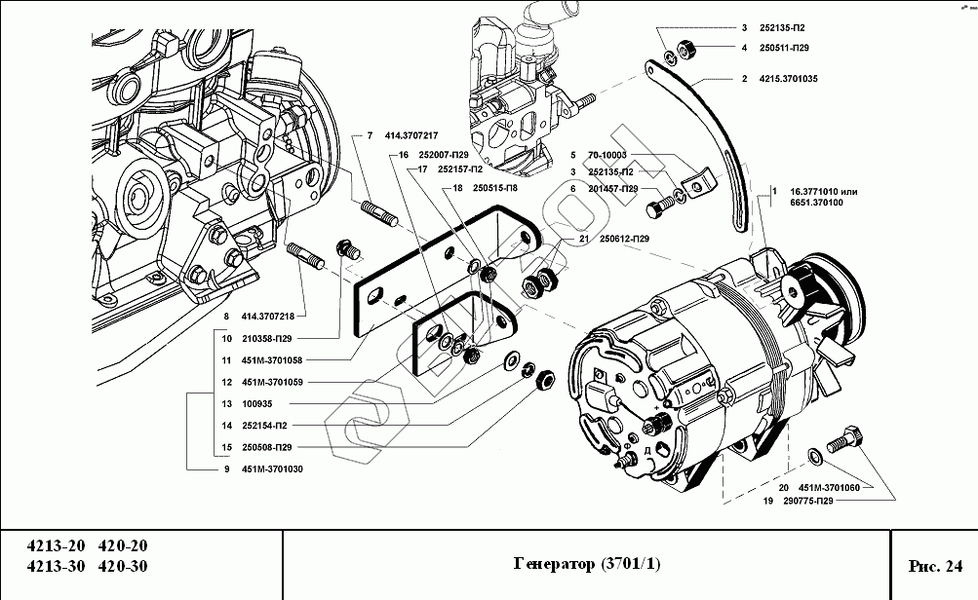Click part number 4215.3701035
788,79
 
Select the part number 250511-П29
784,48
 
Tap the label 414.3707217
411,135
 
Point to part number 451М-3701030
272,469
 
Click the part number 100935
257,404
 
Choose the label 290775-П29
808,501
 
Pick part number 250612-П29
624,239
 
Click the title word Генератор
555,565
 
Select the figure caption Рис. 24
936,566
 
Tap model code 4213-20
56,545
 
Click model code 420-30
123,566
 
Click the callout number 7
370,135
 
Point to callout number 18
458,188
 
